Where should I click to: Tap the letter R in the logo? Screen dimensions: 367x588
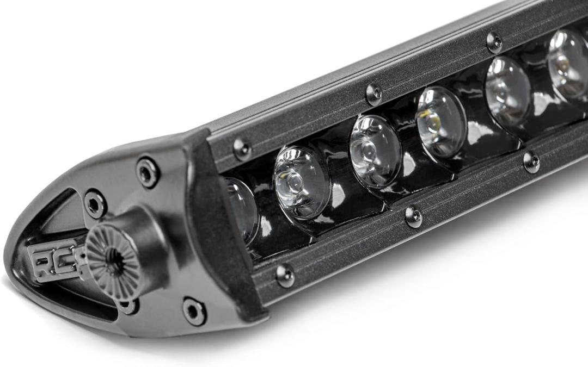[41, 262]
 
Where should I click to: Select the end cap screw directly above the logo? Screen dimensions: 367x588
[95, 204]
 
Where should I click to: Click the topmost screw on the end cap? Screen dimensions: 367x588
[148, 172]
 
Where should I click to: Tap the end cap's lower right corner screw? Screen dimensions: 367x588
[194, 311]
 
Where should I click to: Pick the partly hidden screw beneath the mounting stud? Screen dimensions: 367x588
[128, 306]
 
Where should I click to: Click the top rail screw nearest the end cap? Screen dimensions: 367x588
[242, 149]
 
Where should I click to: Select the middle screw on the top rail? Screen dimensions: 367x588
[374, 94]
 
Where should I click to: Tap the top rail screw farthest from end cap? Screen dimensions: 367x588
[494, 42]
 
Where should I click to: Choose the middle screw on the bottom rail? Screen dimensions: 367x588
[414, 216]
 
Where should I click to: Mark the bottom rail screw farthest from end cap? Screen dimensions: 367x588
[531, 161]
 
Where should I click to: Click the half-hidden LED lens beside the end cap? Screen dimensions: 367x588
[241, 209]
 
